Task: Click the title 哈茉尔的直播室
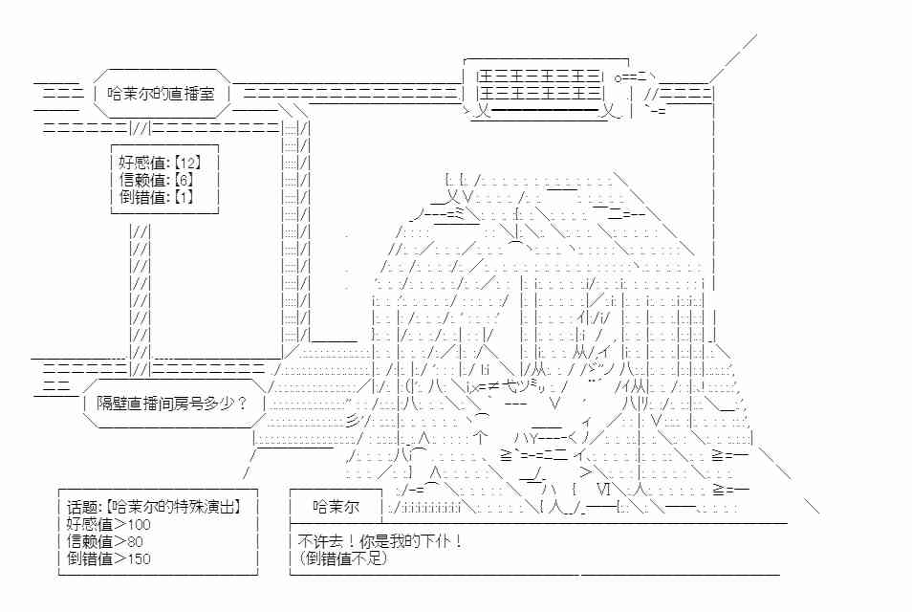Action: tap(162, 94)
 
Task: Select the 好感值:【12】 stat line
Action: tap(160, 163)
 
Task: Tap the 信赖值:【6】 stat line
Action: tap(156, 179)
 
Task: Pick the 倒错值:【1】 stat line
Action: tap(156, 197)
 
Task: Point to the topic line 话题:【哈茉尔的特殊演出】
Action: tap(153, 507)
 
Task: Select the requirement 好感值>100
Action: tap(108, 524)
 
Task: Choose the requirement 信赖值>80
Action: tap(105, 541)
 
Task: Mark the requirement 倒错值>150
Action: tap(108, 559)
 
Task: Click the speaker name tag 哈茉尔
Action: tap(336, 507)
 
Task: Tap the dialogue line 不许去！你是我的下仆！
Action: tap(381, 541)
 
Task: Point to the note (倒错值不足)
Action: tap(343, 559)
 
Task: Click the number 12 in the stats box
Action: tap(187, 163)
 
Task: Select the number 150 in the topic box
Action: tap(139, 559)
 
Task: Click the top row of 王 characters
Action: tap(538, 76)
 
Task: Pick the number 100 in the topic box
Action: tap(139, 525)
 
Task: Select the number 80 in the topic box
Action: tap(135, 542)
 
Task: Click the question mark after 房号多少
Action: tap(243, 404)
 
